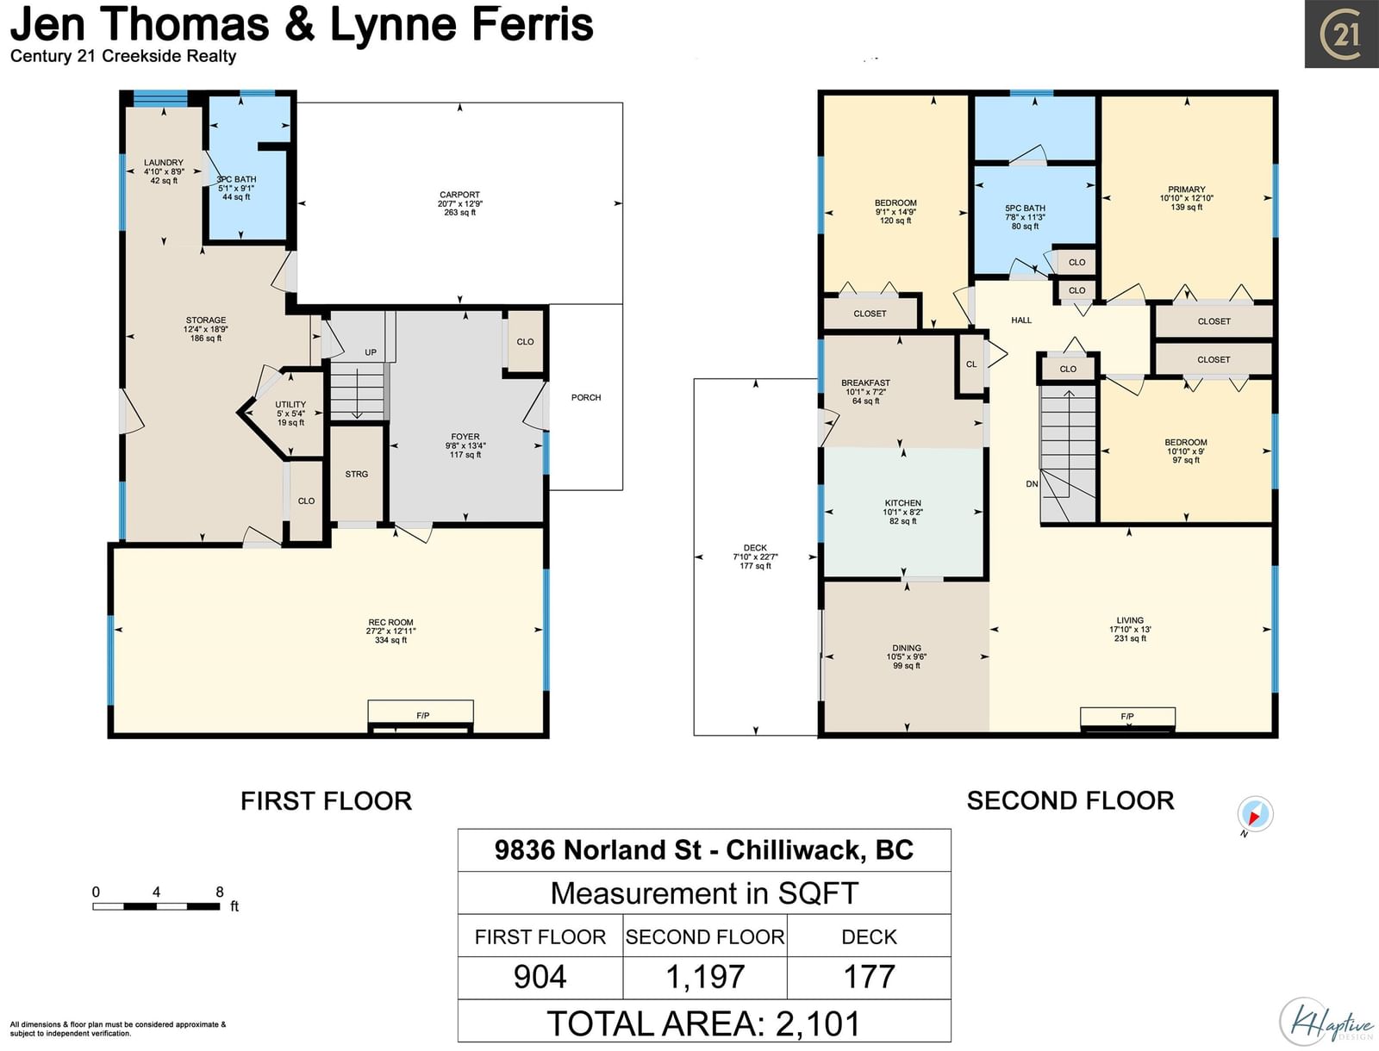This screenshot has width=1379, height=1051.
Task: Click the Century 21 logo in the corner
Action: pyautogui.click(x=1341, y=34)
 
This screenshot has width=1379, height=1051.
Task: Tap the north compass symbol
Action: pyautogui.click(x=1255, y=814)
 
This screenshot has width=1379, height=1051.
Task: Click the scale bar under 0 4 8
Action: pyautogui.click(x=157, y=906)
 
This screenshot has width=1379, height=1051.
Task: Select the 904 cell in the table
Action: pyautogui.click(x=540, y=977)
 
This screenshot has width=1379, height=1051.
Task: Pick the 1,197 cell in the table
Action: pyautogui.click(x=705, y=977)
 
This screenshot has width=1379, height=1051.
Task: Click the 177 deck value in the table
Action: pyautogui.click(x=869, y=977)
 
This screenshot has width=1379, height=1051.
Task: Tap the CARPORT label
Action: pyautogui.click(x=460, y=195)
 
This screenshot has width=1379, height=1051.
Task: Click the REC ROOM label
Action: pyautogui.click(x=390, y=622)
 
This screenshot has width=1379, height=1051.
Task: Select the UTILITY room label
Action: pyautogui.click(x=290, y=404)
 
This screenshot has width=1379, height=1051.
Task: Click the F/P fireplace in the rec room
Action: pyautogui.click(x=421, y=717)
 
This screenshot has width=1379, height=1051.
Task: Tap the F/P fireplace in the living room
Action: pyautogui.click(x=1127, y=718)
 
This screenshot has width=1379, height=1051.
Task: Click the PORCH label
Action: pyautogui.click(x=586, y=397)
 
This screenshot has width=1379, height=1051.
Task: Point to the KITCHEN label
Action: pyautogui.click(x=902, y=503)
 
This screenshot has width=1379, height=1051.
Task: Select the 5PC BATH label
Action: pyautogui.click(x=1026, y=208)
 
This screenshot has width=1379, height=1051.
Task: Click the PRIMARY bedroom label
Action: pyautogui.click(x=1187, y=189)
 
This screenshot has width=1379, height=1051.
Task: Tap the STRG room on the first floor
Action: pyautogui.click(x=357, y=474)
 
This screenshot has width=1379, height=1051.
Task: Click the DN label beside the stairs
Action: pyautogui.click(x=1032, y=484)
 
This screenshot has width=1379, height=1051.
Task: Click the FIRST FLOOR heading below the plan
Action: pyautogui.click(x=326, y=801)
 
